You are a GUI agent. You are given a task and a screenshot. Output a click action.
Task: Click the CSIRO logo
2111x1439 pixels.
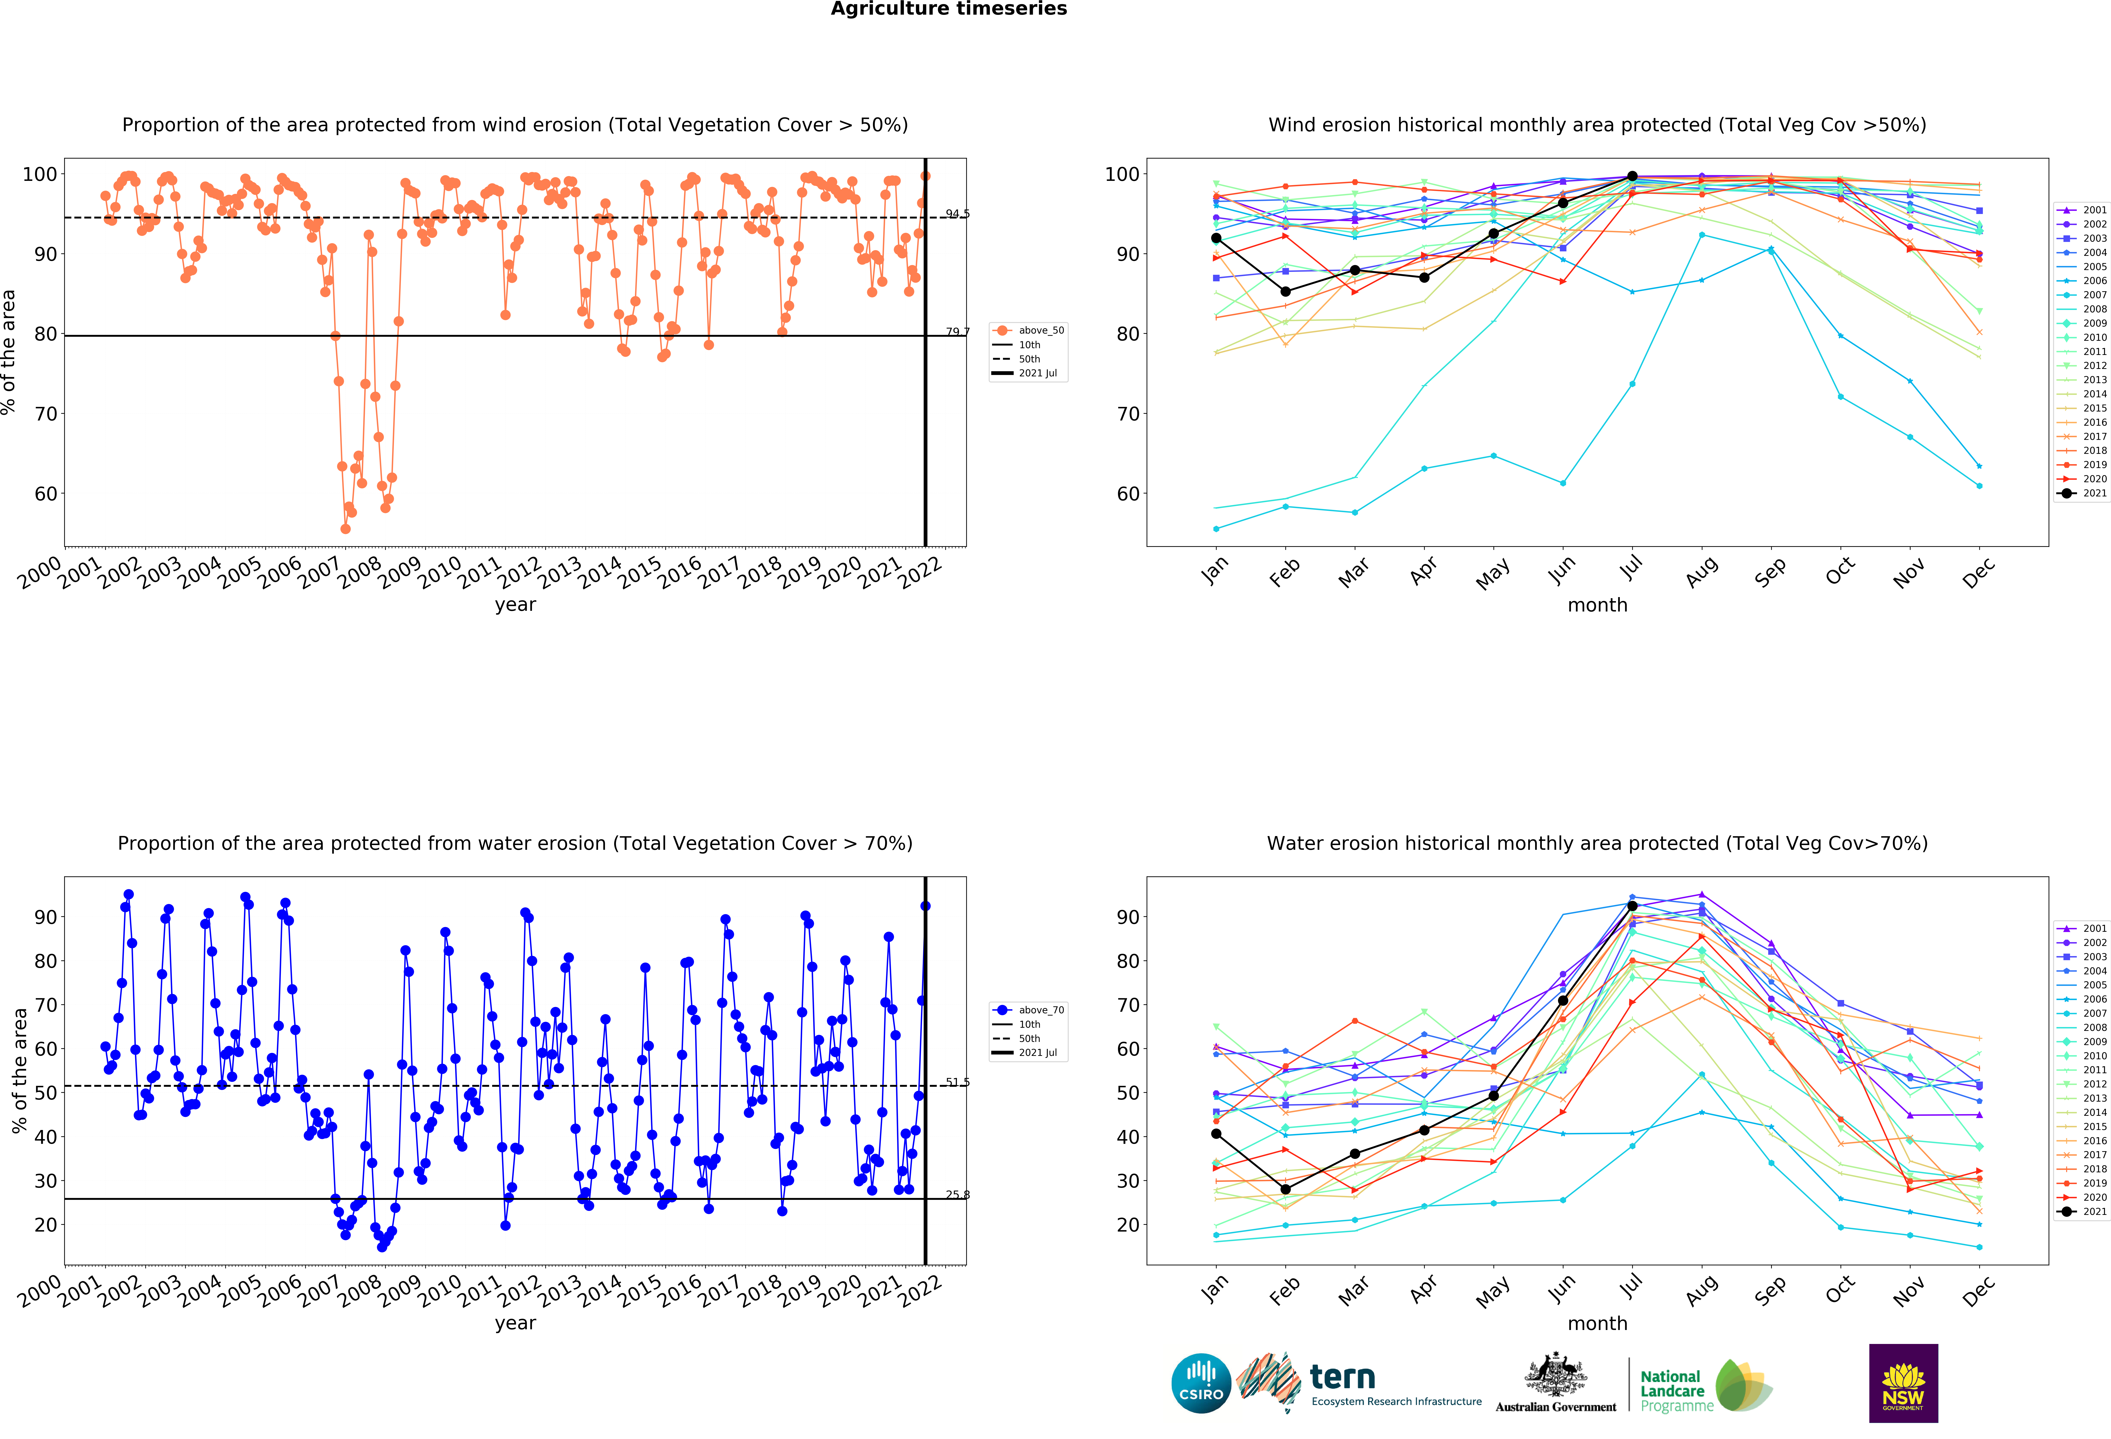pos(1201,1384)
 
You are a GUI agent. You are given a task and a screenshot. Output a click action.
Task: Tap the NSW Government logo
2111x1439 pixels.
pos(1903,1383)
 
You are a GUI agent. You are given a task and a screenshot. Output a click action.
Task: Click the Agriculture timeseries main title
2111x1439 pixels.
pos(948,9)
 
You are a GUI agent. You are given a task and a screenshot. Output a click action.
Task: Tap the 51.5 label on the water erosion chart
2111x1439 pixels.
pos(957,1082)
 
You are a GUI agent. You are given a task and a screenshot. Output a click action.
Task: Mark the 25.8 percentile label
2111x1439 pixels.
pos(957,1195)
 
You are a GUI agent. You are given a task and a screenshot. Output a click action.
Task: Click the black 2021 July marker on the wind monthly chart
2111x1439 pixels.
pos(1632,176)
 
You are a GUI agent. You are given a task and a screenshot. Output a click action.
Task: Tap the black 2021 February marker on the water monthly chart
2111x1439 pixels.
pos(1285,1189)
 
